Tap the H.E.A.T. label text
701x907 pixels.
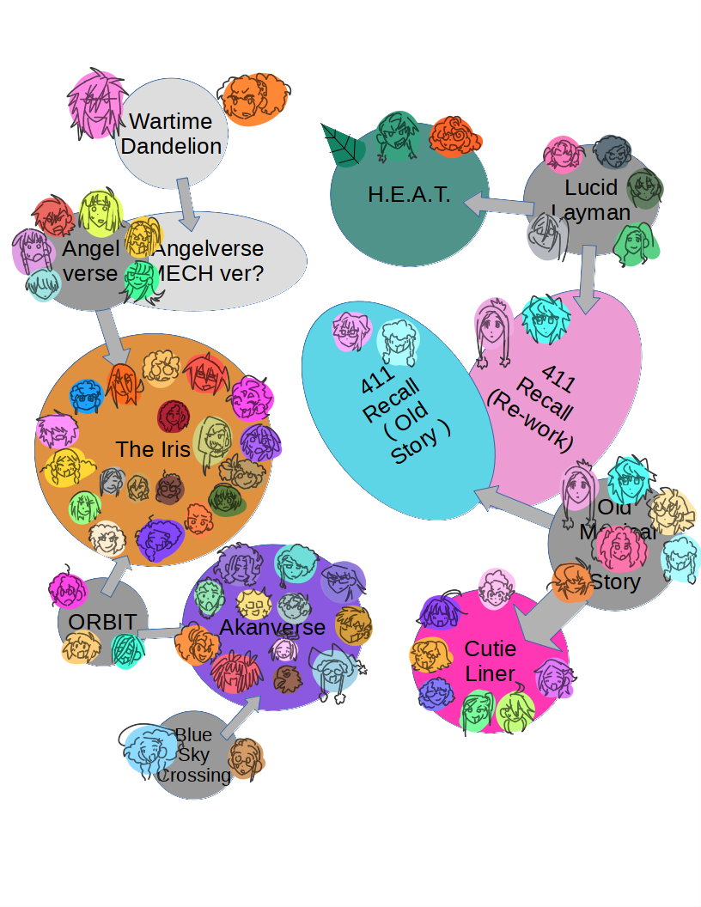click(409, 195)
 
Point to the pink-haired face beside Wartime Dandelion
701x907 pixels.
click(94, 104)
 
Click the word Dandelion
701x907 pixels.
click(171, 146)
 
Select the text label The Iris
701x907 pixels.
click(153, 449)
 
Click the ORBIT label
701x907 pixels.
click(101, 622)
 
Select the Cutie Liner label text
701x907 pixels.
click(490, 660)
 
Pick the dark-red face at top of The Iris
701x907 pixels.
click(174, 417)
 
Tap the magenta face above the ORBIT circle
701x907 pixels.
click(66, 589)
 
